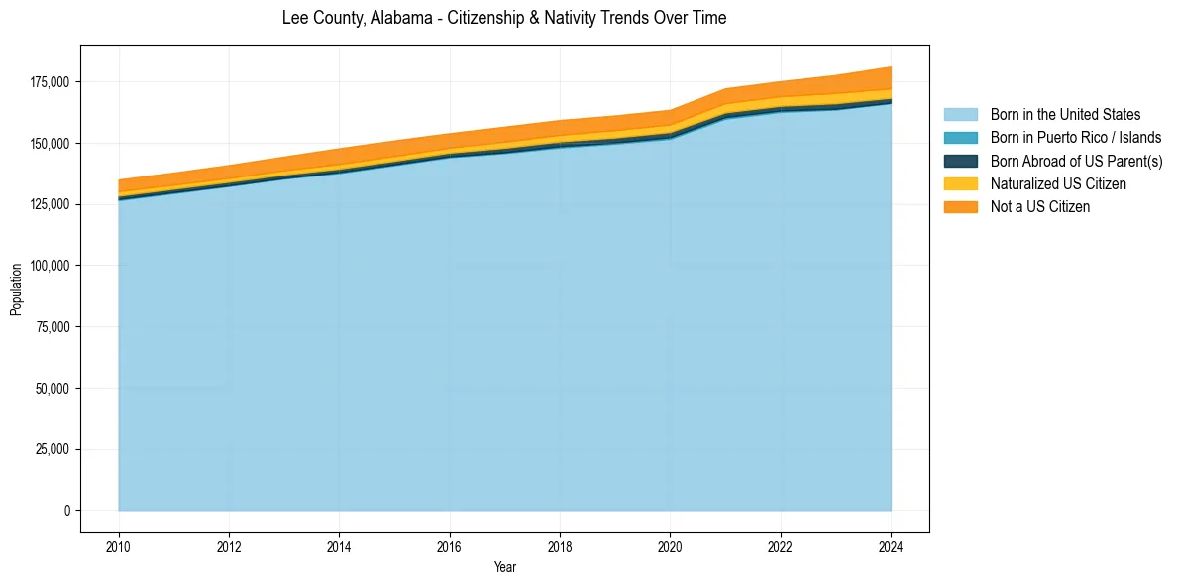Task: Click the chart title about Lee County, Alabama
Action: click(x=504, y=18)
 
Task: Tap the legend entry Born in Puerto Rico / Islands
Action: click(x=1075, y=138)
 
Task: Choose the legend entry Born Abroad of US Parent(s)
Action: click(x=1076, y=161)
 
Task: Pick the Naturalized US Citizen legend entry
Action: click(x=1058, y=183)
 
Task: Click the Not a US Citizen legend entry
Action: click(x=1040, y=207)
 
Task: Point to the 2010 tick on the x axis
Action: click(x=119, y=545)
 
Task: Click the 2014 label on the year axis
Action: click(x=340, y=545)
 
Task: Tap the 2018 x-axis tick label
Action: click(x=560, y=545)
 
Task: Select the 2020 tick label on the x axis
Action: click(x=671, y=545)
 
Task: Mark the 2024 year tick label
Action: click(x=891, y=545)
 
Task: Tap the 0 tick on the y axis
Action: click(x=67, y=511)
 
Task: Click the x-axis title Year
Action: click(x=504, y=567)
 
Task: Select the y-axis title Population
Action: click(x=16, y=290)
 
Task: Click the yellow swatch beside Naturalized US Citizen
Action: click(x=960, y=183)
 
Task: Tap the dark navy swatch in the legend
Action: click(x=960, y=161)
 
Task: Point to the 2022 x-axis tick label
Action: click(x=781, y=545)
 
